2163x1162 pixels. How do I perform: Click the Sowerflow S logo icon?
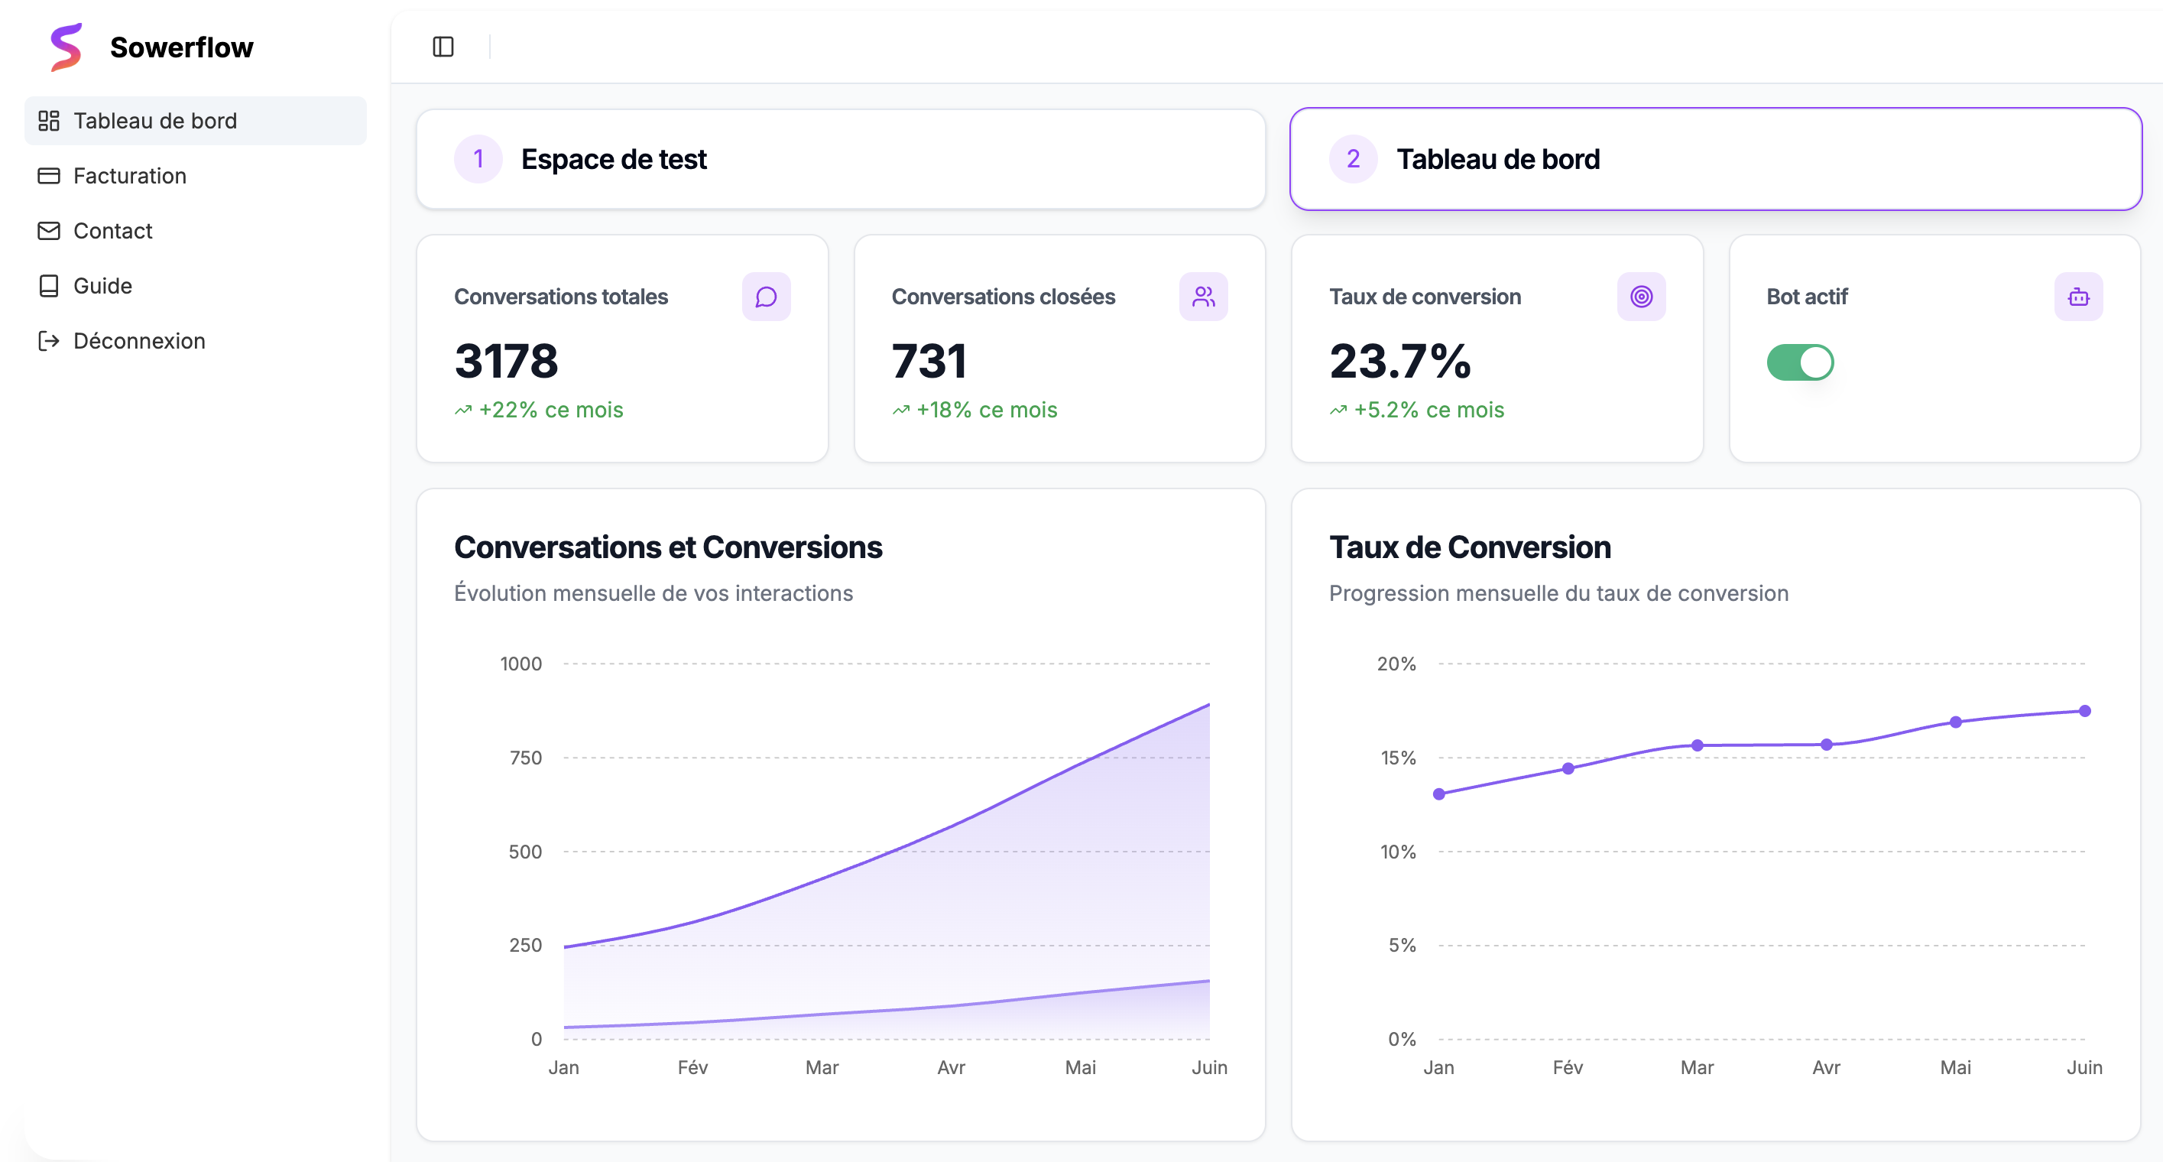(x=66, y=47)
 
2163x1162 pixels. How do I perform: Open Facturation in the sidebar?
(x=129, y=176)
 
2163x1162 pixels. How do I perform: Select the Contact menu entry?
(x=112, y=231)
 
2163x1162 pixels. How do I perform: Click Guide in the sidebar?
(x=102, y=285)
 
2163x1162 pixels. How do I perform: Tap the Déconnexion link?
(x=138, y=341)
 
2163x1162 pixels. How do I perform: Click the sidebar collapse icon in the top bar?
(x=443, y=47)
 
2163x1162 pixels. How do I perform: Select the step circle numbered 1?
(x=478, y=159)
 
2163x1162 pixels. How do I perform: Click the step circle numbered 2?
(x=1353, y=159)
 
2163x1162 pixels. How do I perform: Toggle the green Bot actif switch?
(x=1799, y=362)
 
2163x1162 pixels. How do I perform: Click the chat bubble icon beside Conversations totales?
(x=766, y=297)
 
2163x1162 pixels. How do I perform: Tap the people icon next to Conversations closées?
(x=1203, y=297)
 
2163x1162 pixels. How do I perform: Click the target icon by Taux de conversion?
(x=1641, y=297)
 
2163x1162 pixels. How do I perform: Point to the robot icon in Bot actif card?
(x=2078, y=297)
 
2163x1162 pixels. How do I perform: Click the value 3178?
(x=506, y=361)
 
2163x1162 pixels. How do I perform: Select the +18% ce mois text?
(x=986, y=410)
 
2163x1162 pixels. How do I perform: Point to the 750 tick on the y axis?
(x=526, y=758)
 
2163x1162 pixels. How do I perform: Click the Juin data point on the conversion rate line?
(x=2084, y=711)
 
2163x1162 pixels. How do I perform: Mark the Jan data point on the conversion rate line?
(x=1439, y=794)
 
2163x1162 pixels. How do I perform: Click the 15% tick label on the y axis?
(x=1398, y=758)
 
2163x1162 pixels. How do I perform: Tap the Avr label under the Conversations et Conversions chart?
(x=951, y=1067)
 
